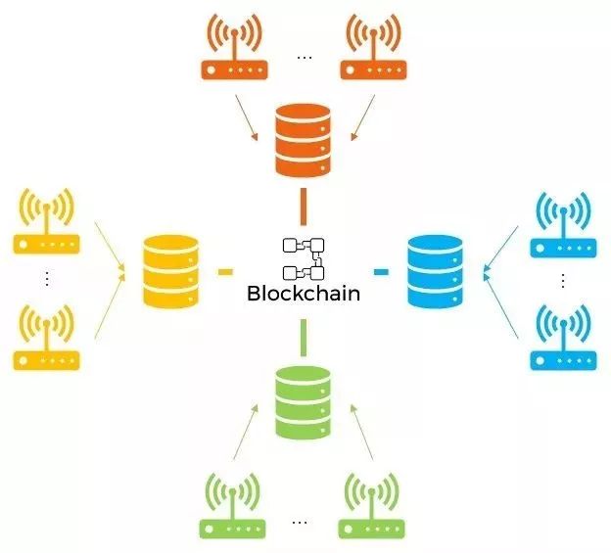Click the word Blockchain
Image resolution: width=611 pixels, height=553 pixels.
[304, 294]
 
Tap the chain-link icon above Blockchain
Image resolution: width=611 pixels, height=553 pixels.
[304, 259]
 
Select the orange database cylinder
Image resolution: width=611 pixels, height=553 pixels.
[303, 140]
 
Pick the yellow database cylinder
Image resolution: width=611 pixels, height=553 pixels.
[170, 271]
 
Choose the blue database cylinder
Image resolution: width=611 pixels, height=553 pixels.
[436, 271]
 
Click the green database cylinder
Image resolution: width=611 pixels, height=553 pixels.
[303, 402]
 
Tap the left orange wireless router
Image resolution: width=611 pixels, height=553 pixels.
[234, 47]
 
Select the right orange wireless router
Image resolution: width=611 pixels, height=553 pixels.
[373, 47]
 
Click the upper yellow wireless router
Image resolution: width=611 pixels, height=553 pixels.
[47, 221]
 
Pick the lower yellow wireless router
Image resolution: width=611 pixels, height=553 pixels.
[47, 338]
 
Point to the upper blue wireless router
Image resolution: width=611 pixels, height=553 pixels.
[563, 225]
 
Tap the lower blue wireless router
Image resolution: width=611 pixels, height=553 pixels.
[563, 338]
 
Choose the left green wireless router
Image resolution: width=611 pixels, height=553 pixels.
[233, 506]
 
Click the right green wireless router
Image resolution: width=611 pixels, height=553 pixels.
[372, 506]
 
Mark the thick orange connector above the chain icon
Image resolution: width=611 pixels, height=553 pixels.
[304, 207]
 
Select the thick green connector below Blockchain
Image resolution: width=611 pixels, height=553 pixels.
[304, 338]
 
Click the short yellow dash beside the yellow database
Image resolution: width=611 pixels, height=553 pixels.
[225, 272]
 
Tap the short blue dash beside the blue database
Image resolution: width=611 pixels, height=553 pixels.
[381, 272]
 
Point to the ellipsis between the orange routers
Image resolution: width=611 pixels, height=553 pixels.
[305, 58]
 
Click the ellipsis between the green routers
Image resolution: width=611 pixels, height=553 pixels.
[299, 523]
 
